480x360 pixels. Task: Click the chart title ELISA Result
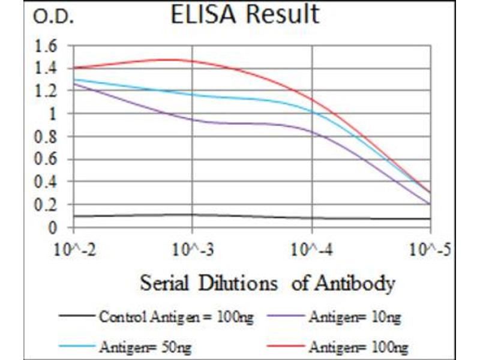click(x=244, y=15)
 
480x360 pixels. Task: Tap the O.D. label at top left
click(x=53, y=17)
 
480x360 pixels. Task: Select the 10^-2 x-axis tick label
click(x=73, y=250)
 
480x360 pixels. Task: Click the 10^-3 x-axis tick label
click(x=193, y=250)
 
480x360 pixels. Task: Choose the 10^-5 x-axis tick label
click(x=431, y=250)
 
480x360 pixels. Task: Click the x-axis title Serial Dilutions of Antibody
click(x=268, y=283)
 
